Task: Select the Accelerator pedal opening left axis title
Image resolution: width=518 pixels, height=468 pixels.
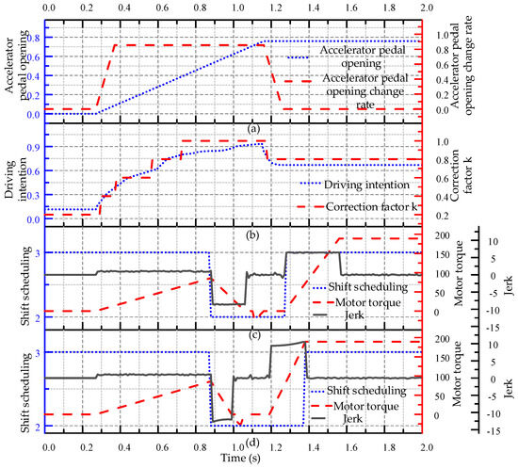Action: click(16, 66)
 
